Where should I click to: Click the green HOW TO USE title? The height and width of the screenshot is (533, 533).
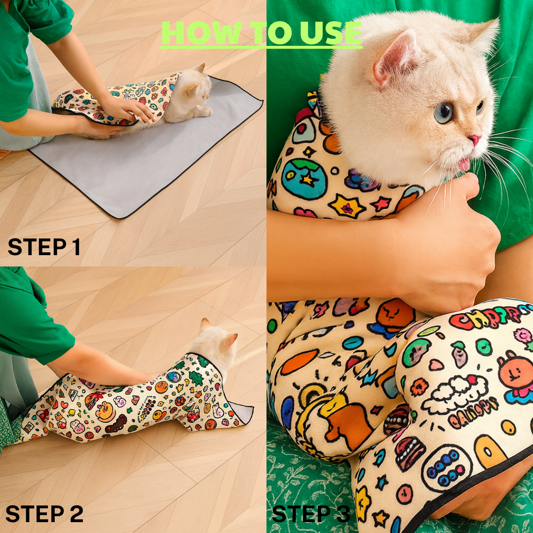pyautogui.click(x=262, y=34)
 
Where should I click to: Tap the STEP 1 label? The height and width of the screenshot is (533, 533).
pyautogui.click(x=44, y=247)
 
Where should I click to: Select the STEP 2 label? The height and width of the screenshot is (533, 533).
pyautogui.click(x=44, y=514)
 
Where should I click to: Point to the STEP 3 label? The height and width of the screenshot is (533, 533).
pyautogui.click(x=311, y=514)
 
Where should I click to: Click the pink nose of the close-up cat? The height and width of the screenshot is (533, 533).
pyautogui.click(x=474, y=140)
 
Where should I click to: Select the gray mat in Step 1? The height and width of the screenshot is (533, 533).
pyautogui.click(x=148, y=168)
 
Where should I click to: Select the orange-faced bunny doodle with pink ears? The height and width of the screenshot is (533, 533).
pyautogui.click(x=516, y=375)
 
